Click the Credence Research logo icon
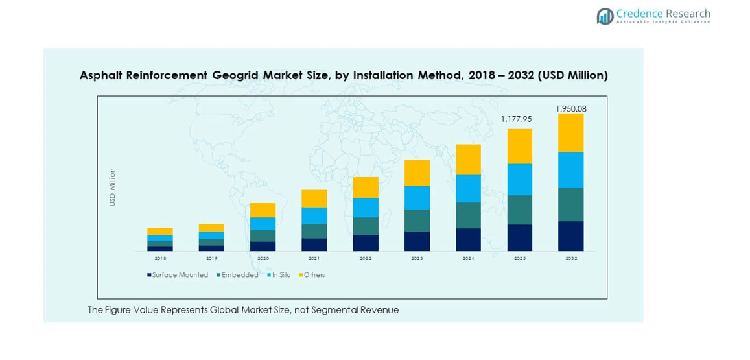[605, 16]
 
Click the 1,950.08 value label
[570, 109]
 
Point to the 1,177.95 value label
[519, 119]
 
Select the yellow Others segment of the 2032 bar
[570, 133]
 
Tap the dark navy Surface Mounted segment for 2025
[519, 238]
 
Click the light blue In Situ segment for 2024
[468, 189]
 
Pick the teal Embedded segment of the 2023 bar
[417, 221]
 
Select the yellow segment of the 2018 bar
[159, 232]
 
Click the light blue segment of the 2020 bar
[263, 224]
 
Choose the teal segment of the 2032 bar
[570, 205]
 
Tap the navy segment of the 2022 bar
[366, 243]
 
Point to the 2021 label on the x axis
[314, 258]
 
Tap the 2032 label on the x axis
[570, 258]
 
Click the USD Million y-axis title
[112, 187]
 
